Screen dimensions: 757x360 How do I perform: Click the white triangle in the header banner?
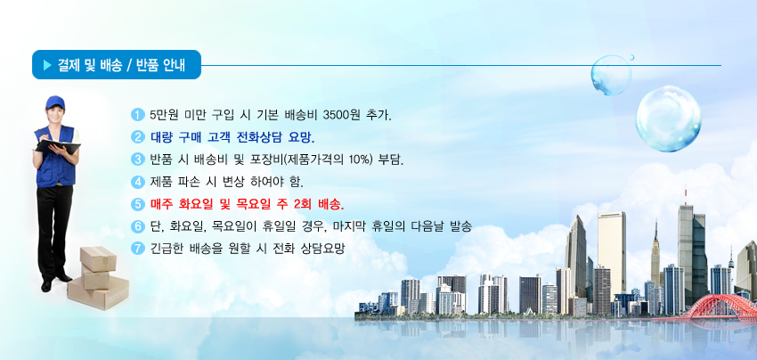pyautogui.click(x=47, y=65)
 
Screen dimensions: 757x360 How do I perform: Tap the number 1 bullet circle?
pyautogui.click(x=137, y=115)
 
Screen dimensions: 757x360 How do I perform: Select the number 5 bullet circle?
pyautogui.click(x=137, y=204)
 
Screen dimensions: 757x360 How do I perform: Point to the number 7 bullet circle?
pyautogui.click(x=137, y=249)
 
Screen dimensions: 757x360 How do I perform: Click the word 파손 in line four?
pyautogui.click(x=187, y=182)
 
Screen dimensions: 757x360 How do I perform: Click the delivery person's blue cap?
pyautogui.click(x=55, y=102)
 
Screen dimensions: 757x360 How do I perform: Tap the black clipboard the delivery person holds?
pyautogui.click(x=58, y=146)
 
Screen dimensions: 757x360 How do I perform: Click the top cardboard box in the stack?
pyautogui.click(x=98, y=258)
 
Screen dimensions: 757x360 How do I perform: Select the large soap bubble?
pyautogui.click(x=668, y=119)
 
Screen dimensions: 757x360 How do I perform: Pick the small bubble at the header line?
pyautogui.click(x=611, y=75)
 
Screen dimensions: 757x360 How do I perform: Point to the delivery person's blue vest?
pyautogui.click(x=55, y=156)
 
